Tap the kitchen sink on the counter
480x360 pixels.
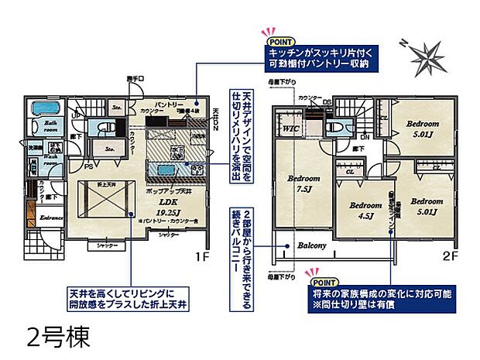pyautogui.click(x=165, y=170)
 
